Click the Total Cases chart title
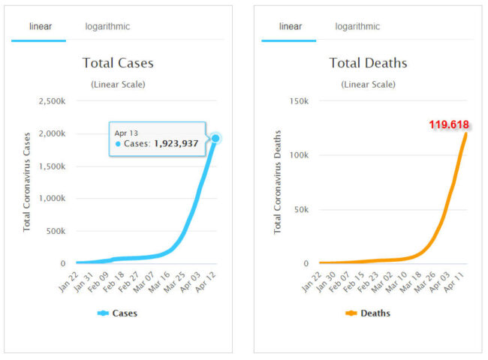[118, 63]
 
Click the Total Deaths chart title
[368, 63]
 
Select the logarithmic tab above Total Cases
[107, 26]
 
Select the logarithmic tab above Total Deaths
[357, 26]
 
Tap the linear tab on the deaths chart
[290, 26]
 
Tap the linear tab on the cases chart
[40, 26]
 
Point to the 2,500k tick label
[50, 101]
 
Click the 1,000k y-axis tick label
[50, 199]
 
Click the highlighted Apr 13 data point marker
[215, 138]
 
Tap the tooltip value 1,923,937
[176, 143]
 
